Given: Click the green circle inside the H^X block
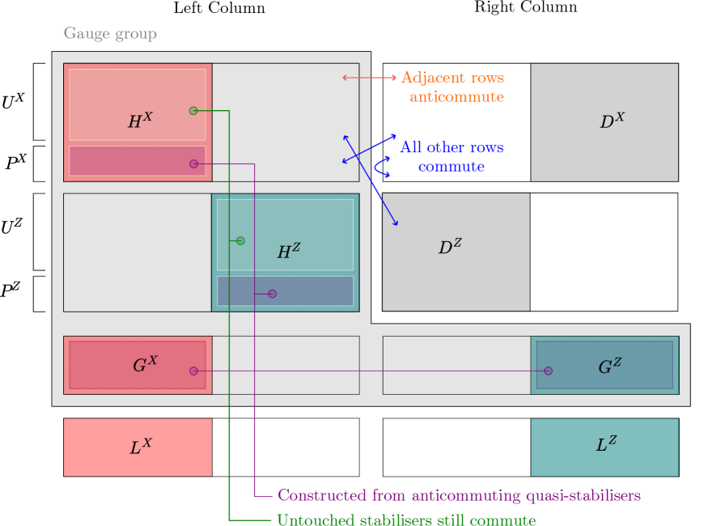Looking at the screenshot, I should (x=193, y=111).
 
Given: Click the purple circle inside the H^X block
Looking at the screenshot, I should (x=193, y=164).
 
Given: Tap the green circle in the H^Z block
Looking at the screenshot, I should (x=240, y=240).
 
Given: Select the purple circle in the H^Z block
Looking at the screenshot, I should (x=272, y=294).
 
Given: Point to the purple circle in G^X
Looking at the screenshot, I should (x=193, y=371).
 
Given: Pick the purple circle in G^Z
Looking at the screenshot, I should (x=548, y=371).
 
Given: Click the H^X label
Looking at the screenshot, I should (x=140, y=121).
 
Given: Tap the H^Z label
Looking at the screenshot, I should (x=288, y=252).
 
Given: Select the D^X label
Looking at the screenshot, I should (x=612, y=121).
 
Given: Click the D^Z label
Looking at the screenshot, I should (x=450, y=247).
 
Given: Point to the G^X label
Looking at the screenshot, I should (x=145, y=365).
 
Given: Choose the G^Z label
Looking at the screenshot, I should (x=609, y=367).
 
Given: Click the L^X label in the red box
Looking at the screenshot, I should (x=140, y=447).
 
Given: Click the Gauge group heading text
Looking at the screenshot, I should (x=110, y=34).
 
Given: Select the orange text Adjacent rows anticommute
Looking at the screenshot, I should (x=453, y=87).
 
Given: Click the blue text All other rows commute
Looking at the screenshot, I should (x=452, y=157).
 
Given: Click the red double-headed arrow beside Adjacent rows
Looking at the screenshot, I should (x=369, y=78).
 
